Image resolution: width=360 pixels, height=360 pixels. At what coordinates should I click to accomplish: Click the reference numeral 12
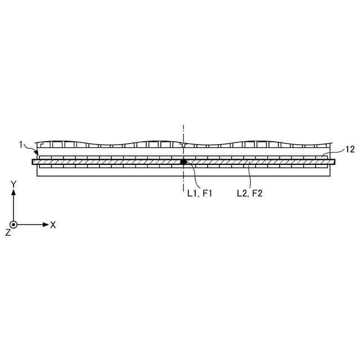(x=350, y=150)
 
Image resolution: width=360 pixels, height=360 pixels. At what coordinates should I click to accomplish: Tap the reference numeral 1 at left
(x=21, y=145)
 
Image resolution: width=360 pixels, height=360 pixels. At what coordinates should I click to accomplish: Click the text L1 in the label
(x=192, y=193)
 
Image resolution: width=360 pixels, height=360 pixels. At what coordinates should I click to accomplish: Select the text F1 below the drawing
(x=208, y=193)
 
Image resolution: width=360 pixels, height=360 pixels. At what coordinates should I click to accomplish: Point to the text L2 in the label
(x=242, y=193)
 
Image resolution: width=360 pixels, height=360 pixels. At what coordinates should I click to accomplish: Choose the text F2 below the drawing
(x=257, y=193)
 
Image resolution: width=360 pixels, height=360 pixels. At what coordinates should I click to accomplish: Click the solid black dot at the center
(x=183, y=161)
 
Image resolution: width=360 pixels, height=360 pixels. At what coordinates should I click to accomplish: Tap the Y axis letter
(x=13, y=184)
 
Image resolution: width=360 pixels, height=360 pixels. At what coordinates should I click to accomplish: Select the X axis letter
(x=53, y=225)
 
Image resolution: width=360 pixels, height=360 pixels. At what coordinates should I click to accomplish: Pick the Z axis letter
(x=8, y=232)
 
